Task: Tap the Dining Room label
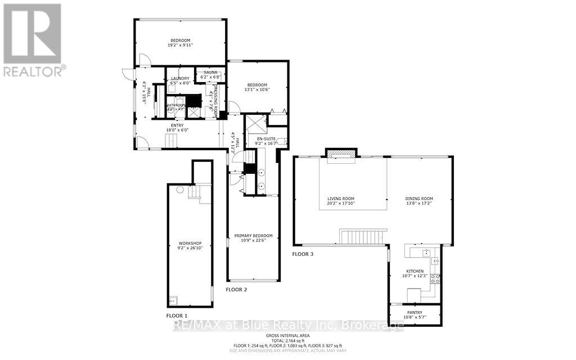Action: pyautogui.click(x=420, y=199)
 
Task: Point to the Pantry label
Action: pyautogui.click(x=415, y=313)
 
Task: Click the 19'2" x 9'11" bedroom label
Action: pyautogui.click(x=181, y=40)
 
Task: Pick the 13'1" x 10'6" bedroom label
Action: pyautogui.click(x=256, y=85)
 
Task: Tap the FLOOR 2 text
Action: pyautogui.click(x=236, y=290)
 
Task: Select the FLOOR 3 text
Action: pyautogui.click(x=303, y=254)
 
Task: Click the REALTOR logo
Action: pyautogui.click(x=33, y=39)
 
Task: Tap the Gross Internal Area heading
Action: pyautogui.click(x=287, y=335)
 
